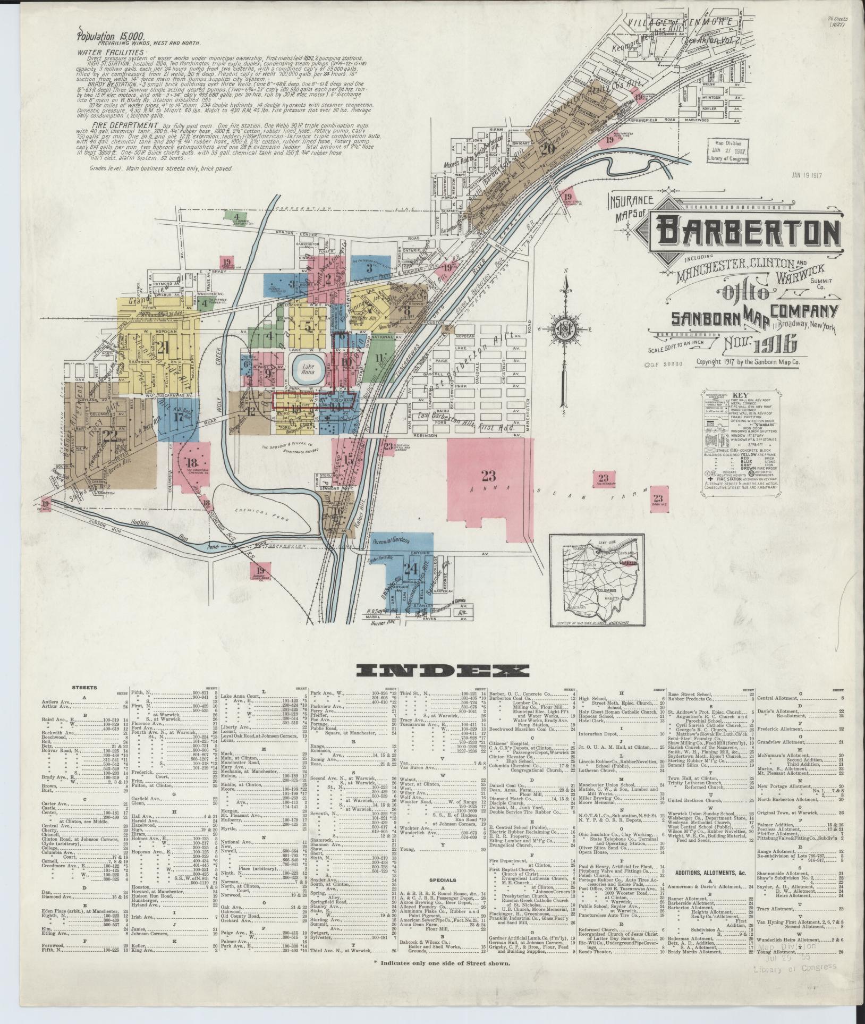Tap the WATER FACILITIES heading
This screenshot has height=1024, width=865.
pyautogui.click(x=110, y=53)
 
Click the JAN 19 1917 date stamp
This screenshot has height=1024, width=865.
pyautogui.click(x=807, y=174)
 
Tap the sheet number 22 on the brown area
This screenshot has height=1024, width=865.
pyautogui.click(x=109, y=436)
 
